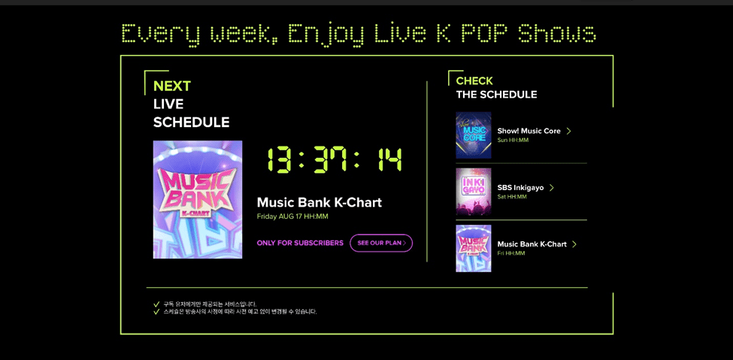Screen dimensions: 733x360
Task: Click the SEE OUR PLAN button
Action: click(381, 243)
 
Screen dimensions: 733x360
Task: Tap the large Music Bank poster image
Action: click(198, 200)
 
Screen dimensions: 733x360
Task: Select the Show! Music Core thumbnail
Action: click(474, 135)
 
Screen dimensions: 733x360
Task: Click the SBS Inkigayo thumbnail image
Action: click(474, 192)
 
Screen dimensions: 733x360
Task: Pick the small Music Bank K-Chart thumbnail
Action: click(474, 248)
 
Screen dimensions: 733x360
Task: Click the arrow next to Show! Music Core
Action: click(568, 131)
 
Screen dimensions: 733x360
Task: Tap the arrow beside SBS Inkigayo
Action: click(552, 187)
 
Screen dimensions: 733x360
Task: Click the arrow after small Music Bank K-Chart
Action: click(574, 244)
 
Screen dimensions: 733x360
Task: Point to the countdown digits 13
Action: click(280, 159)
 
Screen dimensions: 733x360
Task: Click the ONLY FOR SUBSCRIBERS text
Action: click(300, 243)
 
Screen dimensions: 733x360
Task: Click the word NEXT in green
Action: click(172, 86)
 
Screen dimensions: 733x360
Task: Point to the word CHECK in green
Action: click(474, 81)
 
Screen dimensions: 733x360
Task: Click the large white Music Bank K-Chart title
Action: click(320, 202)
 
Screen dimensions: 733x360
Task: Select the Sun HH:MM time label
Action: click(513, 141)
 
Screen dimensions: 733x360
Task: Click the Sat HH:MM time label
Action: click(512, 197)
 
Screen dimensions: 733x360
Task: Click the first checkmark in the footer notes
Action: click(156, 304)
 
